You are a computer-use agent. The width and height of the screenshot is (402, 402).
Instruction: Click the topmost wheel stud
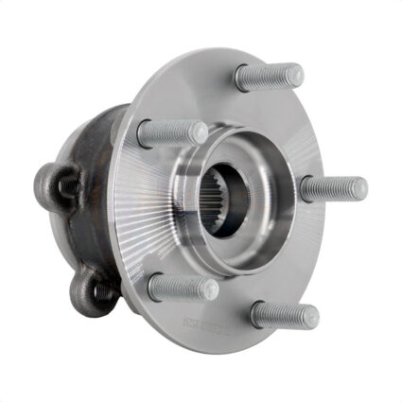tap(269, 77)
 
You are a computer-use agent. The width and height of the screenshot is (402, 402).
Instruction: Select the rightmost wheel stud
tap(333, 187)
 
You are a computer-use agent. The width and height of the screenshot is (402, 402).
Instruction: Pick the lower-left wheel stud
tap(183, 287)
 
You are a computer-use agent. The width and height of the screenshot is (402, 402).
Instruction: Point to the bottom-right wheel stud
tap(284, 315)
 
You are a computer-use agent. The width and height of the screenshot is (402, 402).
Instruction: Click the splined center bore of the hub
tap(227, 202)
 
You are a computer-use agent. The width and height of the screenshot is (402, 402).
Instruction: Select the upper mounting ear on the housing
tap(58, 184)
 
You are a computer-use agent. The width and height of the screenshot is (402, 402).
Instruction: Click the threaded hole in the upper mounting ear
tap(67, 186)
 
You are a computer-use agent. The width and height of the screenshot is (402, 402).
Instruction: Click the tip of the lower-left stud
tap(210, 288)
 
